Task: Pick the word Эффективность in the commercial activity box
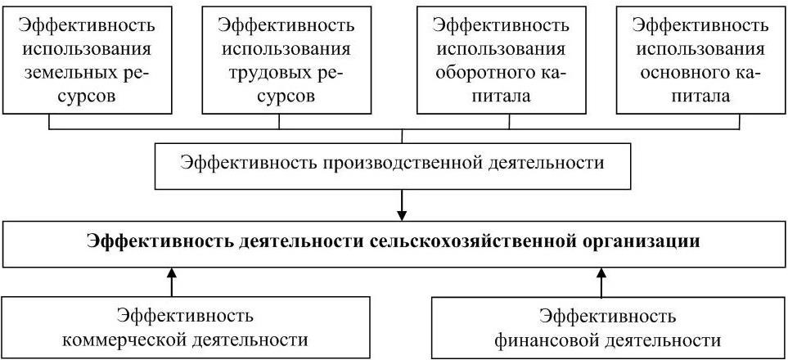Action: (185, 316)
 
